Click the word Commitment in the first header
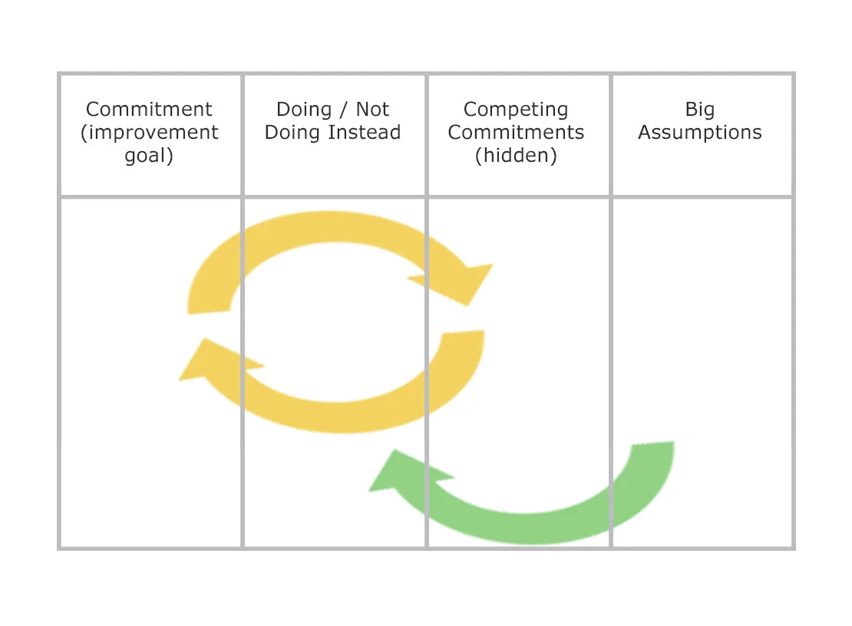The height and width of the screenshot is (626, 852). point(149,110)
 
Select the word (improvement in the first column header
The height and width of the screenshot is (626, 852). point(149,133)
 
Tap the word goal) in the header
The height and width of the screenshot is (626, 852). point(149,156)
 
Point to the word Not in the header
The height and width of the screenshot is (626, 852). point(372,110)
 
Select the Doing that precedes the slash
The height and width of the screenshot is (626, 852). point(304,110)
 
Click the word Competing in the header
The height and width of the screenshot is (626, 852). point(516,110)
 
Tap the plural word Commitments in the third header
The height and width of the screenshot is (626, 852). point(516,133)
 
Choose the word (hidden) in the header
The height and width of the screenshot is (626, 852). point(516,156)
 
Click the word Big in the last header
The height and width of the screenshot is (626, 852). point(700,110)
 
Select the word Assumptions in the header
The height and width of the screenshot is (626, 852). point(700,133)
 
